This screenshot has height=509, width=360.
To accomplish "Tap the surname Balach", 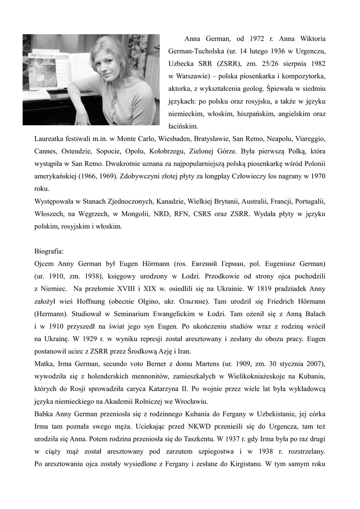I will click(x=313, y=315).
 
